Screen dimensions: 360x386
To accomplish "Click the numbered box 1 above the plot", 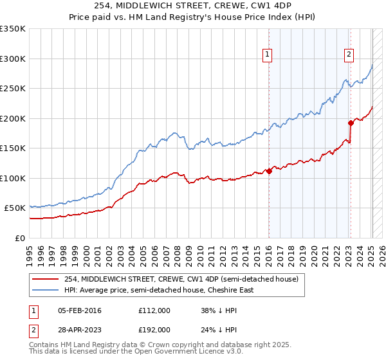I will (266, 55).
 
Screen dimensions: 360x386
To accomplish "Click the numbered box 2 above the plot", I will (349, 55).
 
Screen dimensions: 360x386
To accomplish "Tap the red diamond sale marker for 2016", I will (269, 171).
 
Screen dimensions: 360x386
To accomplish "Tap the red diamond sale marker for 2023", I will (351, 123).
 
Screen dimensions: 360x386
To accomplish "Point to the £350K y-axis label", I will (13, 29).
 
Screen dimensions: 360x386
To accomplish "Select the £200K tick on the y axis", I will (13, 118).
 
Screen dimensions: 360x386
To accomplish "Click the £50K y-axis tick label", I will (15, 208).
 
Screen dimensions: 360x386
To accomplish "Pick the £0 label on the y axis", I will (21, 238).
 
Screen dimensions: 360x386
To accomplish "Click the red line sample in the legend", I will (46, 280).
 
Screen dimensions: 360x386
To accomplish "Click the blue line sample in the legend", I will (46, 290).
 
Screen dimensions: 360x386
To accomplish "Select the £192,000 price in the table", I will (154, 330).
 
